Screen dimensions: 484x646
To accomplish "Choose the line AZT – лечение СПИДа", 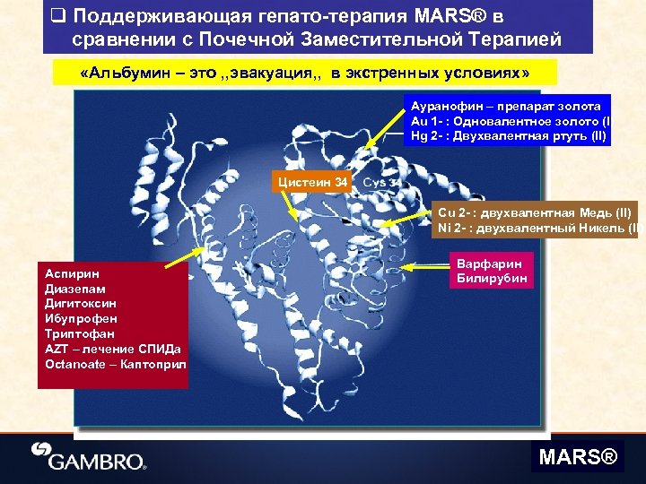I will (x=112, y=349).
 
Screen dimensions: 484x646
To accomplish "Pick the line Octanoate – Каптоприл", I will (x=115, y=364).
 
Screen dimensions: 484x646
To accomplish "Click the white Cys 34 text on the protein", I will (x=381, y=183).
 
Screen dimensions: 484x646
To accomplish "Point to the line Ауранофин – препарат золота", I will (x=506, y=106).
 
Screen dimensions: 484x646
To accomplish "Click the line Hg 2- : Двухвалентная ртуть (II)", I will (x=508, y=136).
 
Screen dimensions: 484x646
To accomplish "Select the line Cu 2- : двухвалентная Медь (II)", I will (x=534, y=212).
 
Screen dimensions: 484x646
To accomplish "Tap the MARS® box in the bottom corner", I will (x=578, y=458).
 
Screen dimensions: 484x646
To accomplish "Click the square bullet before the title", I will (x=58, y=16).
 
